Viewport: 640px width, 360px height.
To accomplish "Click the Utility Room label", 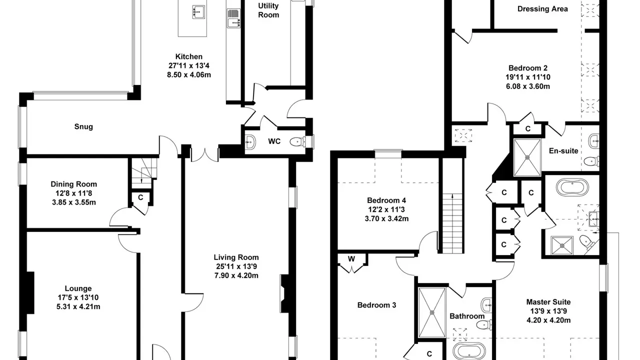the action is pos(268,10).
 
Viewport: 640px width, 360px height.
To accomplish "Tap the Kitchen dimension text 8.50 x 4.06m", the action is pos(189,75).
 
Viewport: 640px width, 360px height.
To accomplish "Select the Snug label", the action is pos(83,126).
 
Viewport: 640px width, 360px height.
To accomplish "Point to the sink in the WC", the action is pos(250,141).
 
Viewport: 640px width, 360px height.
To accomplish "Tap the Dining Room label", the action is pos(73,184).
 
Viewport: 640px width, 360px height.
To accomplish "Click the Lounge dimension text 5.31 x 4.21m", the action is pos(78,307).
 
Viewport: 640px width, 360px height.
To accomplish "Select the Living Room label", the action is pos(236,257).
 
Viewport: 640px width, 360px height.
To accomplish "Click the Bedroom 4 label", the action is pos(386,200).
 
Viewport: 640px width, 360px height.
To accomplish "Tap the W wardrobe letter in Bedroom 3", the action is pos(351,259).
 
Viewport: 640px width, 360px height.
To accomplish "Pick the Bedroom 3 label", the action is pos(376,305).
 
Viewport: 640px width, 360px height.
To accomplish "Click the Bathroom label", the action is pos(467,316).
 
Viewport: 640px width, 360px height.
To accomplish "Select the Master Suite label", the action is pos(548,302).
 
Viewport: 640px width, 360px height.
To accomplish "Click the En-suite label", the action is pos(563,151).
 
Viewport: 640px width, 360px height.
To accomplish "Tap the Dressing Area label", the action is pos(542,9).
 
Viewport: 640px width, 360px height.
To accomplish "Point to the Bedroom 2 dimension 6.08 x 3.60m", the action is pos(528,86).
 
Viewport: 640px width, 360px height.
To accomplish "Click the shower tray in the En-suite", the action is pos(527,157).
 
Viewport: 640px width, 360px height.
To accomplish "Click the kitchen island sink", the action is pos(198,11).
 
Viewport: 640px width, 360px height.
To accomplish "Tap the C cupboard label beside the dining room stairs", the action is pos(140,197).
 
